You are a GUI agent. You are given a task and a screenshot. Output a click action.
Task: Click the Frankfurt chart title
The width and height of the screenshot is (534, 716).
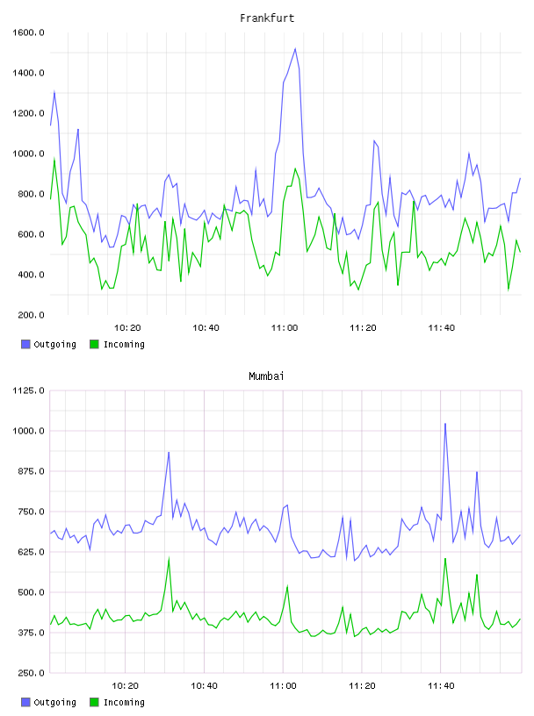click(267, 18)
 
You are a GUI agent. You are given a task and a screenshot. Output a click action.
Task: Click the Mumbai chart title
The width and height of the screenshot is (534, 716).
click(266, 376)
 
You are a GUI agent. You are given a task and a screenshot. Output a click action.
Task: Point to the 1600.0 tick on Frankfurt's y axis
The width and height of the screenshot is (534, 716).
click(28, 32)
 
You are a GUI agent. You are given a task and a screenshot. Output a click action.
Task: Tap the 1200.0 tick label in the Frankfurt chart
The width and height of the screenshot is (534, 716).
click(28, 113)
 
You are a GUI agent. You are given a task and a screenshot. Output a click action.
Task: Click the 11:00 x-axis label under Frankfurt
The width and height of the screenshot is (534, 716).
click(285, 327)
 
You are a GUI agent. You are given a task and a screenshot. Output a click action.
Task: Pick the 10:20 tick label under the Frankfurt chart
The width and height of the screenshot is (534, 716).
click(127, 327)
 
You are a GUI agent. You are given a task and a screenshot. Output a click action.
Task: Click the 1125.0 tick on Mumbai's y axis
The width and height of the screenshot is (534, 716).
click(28, 390)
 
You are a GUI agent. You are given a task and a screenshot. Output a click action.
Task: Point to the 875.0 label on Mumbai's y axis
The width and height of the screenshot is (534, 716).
click(31, 471)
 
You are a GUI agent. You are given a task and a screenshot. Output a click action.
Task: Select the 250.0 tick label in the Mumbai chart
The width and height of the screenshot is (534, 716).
click(31, 673)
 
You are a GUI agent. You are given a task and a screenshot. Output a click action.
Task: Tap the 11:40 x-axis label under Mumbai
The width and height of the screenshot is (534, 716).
click(441, 685)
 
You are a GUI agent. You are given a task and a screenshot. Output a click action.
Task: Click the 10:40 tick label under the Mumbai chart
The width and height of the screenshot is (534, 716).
click(204, 685)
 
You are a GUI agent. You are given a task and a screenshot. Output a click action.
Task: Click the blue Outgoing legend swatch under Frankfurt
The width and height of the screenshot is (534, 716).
click(25, 344)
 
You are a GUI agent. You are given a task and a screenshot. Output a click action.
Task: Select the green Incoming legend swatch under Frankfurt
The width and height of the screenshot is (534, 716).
click(94, 344)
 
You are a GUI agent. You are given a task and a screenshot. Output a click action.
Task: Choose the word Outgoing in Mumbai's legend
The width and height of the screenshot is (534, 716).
click(54, 702)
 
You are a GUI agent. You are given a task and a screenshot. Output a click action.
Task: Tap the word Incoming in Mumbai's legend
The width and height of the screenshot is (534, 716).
click(124, 702)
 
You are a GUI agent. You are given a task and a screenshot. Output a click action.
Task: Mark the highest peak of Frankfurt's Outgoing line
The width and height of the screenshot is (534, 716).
click(295, 48)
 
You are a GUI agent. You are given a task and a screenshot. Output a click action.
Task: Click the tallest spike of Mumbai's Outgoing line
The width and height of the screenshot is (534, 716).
click(445, 424)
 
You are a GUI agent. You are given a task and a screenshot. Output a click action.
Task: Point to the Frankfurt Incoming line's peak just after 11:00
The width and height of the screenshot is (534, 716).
click(295, 168)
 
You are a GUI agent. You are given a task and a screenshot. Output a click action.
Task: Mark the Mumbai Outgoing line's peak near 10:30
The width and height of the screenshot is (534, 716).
click(169, 453)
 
